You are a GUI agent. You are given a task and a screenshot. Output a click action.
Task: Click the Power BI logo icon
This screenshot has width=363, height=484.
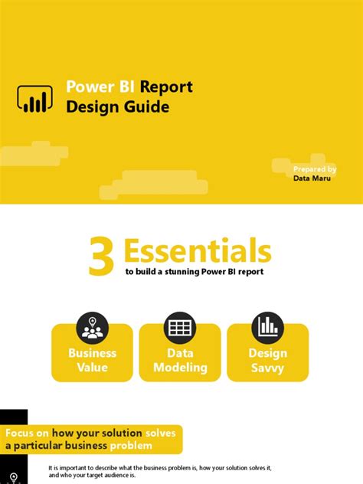(34, 98)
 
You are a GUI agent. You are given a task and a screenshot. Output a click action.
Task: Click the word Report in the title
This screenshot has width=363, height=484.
(166, 87)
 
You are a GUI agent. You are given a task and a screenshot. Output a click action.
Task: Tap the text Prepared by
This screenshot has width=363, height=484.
(314, 168)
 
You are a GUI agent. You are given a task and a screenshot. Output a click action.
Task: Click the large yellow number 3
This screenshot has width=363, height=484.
(101, 257)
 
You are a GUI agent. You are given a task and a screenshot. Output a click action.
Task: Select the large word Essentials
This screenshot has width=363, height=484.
(197, 250)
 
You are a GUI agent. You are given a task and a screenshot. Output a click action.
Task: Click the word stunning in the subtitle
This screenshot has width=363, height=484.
(178, 272)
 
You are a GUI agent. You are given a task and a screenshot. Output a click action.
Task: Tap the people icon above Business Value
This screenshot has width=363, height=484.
(92, 327)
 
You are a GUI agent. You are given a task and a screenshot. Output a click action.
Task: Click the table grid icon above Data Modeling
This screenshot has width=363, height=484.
(180, 327)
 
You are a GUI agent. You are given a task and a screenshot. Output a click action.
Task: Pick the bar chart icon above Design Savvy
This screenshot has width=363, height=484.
(267, 327)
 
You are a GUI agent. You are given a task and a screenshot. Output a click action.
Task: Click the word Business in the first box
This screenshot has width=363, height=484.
(92, 353)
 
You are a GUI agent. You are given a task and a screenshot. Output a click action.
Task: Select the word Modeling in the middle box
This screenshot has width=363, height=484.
(180, 368)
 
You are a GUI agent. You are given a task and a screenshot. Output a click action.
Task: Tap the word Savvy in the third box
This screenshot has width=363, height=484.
(267, 368)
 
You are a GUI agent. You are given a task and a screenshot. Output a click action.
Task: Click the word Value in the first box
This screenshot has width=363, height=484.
(92, 368)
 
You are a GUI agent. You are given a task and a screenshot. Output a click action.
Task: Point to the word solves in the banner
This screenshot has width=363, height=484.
(159, 433)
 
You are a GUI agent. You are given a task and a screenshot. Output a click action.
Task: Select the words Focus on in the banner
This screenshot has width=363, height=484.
(31, 433)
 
